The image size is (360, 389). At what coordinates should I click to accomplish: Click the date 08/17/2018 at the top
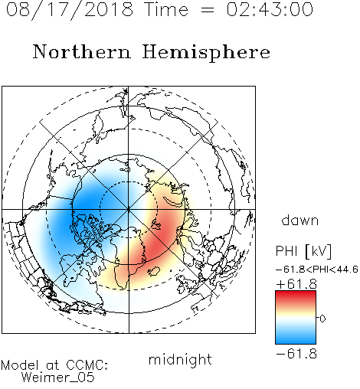coord(70,10)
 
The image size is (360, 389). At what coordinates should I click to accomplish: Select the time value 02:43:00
coord(270,9)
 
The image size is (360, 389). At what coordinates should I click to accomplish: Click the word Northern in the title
coord(82,51)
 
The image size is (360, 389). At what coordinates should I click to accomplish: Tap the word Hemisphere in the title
coord(206,53)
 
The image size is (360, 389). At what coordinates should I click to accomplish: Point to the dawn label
coord(300,220)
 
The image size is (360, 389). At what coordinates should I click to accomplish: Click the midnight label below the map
coord(180,360)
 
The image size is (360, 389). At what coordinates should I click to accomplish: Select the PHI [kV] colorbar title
coord(304,251)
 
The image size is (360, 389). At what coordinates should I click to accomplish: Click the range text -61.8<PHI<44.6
coord(317,270)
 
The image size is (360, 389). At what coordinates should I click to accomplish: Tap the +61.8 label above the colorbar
coord(296,284)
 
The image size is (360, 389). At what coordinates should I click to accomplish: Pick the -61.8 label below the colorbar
coord(296,354)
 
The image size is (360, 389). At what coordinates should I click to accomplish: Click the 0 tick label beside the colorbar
coord(322,319)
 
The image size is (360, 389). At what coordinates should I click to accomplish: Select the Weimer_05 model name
coord(58,378)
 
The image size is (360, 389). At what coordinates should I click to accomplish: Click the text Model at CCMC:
coord(54,365)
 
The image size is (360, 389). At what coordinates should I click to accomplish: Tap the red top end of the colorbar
coord(296,293)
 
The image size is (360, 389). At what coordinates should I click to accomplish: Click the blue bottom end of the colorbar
coord(296,342)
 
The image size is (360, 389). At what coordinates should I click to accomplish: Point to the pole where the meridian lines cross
coord(129,210)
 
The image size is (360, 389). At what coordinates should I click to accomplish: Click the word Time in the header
coord(166,9)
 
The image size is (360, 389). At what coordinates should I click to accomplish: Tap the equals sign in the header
coord(208,10)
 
